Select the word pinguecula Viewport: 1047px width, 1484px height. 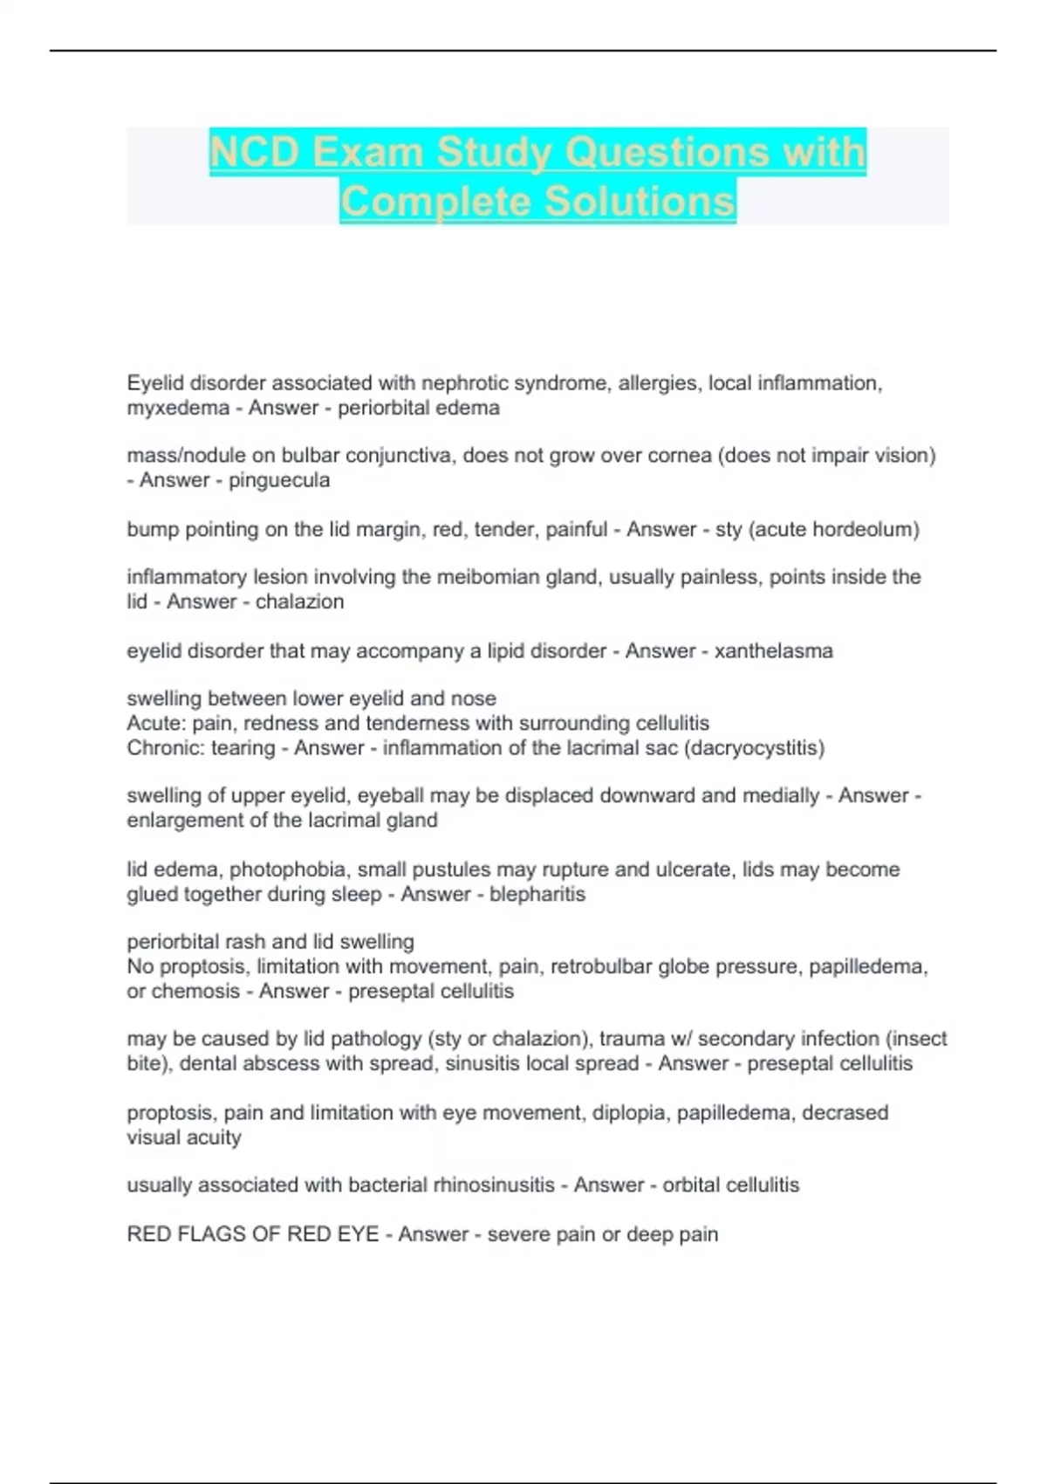[x=279, y=480]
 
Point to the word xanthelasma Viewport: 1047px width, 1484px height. [x=773, y=650]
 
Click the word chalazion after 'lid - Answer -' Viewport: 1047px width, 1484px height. [x=299, y=601]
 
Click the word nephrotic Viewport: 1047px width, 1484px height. [x=467, y=383]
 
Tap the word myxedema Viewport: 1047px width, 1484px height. [x=177, y=408]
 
